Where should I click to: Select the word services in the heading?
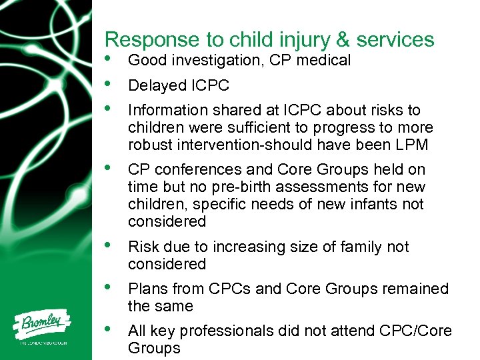click(395, 40)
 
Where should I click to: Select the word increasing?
click(245, 247)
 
